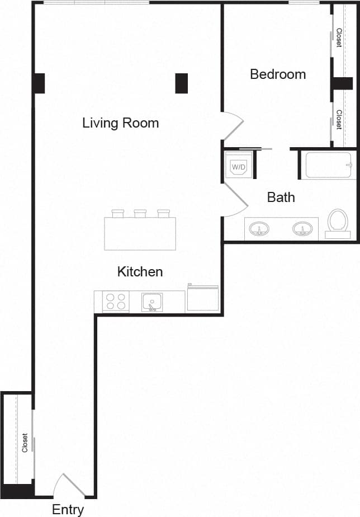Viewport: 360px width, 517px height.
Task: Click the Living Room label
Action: (x=120, y=123)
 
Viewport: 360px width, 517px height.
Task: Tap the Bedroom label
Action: (x=278, y=74)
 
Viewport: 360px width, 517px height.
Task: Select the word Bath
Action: (x=281, y=197)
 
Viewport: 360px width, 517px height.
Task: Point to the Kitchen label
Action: (x=140, y=272)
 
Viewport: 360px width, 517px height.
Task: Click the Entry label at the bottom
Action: (x=68, y=509)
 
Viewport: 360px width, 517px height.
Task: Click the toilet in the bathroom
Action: (x=337, y=222)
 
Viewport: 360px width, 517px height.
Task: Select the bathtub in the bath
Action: (x=328, y=165)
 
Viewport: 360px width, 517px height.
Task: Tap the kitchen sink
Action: (x=151, y=303)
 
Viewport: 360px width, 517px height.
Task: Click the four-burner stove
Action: (x=116, y=302)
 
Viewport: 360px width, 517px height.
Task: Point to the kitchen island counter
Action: (x=140, y=233)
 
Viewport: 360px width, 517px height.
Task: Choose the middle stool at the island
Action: (x=140, y=213)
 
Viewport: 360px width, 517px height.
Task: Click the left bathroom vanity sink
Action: (x=259, y=229)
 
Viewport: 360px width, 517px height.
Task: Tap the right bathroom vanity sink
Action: (x=302, y=229)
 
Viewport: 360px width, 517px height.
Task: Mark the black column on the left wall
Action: (x=39, y=83)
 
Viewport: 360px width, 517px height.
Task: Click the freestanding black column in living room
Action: (x=182, y=83)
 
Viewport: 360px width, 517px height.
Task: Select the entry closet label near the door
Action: (x=25, y=443)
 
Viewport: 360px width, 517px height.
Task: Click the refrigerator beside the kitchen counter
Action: (x=202, y=298)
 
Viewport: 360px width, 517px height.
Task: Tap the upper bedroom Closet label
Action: (x=339, y=37)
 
